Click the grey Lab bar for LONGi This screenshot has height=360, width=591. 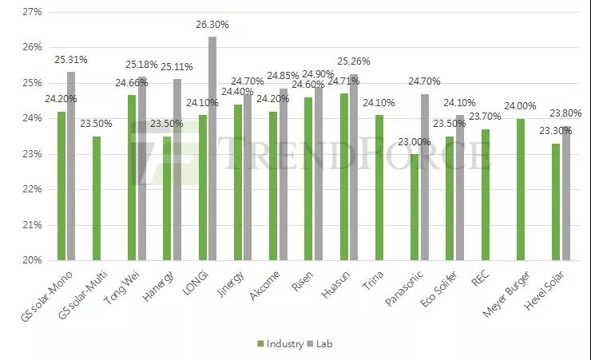(x=212, y=148)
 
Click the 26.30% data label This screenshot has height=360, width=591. (x=212, y=25)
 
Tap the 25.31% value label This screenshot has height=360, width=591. (x=71, y=60)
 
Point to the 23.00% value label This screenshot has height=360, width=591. (x=414, y=142)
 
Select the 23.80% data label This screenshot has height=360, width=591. (x=565, y=113)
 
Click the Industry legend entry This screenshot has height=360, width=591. (x=280, y=344)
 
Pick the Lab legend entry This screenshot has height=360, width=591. (x=322, y=344)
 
